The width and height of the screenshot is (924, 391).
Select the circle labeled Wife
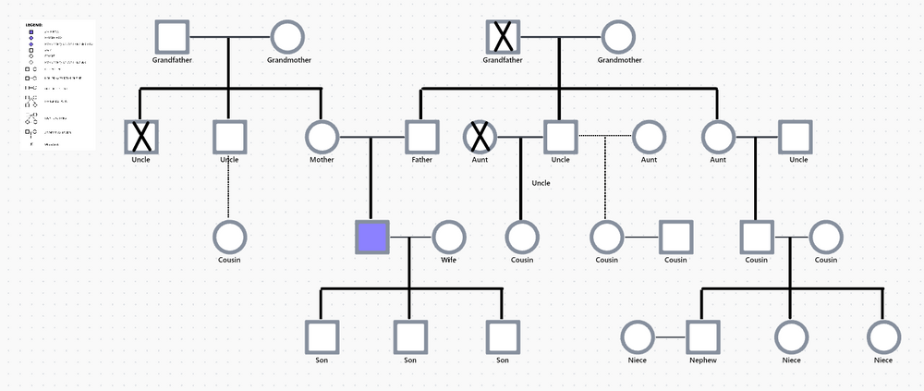point(449,238)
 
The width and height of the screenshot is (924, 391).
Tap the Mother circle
point(322,138)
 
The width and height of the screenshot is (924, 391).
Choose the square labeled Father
point(421,138)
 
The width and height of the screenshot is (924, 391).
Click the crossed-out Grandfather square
point(503,38)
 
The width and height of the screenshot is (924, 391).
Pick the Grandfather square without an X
point(172,38)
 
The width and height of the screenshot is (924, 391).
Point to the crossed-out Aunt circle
point(480,138)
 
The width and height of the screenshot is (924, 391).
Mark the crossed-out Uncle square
point(140,138)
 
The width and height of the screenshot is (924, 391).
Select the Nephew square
point(703,337)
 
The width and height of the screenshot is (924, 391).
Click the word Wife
point(449,260)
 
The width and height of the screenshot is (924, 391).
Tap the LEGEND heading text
point(34,25)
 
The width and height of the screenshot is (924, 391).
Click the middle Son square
point(409,337)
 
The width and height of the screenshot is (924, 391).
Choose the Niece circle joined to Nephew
point(638,337)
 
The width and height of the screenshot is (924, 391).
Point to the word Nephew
point(703,360)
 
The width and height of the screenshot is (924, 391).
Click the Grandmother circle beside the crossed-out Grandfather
point(619,38)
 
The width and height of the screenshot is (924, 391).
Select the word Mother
point(322,160)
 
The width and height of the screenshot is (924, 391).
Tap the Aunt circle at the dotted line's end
point(649,138)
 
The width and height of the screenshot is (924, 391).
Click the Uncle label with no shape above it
point(541,183)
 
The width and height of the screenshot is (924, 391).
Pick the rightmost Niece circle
point(883,337)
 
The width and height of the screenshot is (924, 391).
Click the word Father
point(421,160)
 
